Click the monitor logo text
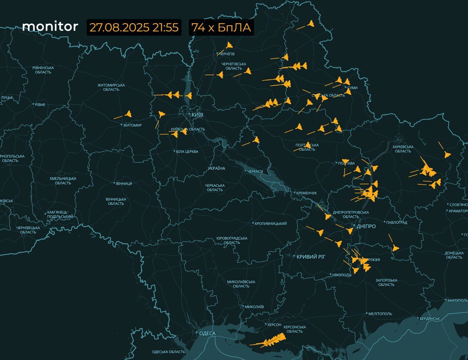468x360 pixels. tap(50, 26)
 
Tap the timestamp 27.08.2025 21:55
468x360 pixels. tap(134, 27)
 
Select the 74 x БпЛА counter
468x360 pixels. tap(221, 27)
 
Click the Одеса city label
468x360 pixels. tap(207, 333)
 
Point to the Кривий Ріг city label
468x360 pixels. tap(311, 257)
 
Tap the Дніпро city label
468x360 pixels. tap(366, 226)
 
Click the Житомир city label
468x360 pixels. tap(132, 125)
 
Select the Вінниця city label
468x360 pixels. tap(124, 183)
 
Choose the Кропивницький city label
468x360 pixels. tap(271, 223)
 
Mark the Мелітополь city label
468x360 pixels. tap(380, 314)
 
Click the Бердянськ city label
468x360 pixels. tap(430, 318)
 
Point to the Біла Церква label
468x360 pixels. tap(187, 151)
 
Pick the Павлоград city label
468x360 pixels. tap(396, 222)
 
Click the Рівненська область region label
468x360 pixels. tap(43, 70)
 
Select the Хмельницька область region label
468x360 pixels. tap(63, 181)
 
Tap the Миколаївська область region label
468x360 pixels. tap(241, 284)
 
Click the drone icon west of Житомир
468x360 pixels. tap(128, 114)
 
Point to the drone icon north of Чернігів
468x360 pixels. tap(229, 45)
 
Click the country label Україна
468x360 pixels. tap(216, 168)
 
